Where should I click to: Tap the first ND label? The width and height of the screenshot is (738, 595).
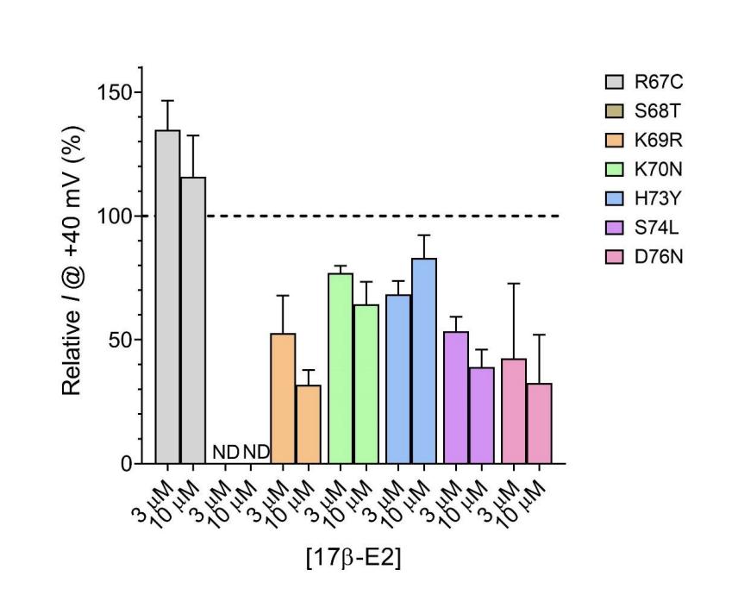[224, 452]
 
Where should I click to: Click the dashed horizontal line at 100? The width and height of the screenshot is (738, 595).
[388, 216]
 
